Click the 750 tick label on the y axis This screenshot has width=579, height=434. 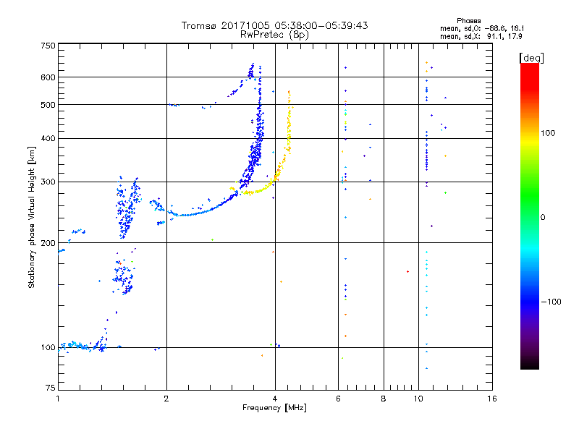pyautogui.click(x=47, y=46)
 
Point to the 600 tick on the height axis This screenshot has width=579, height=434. pyautogui.click(x=47, y=77)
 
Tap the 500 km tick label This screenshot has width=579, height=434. pyautogui.click(x=47, y=105)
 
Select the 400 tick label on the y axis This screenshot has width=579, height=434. pyautogui.click(x=47, y=139)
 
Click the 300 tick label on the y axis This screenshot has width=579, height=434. pyautogui.click(x=47, y=182)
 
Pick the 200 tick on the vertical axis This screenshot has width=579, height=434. pyautogui.click(x=47, y=243)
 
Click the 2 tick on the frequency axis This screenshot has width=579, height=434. pyautogui.click(x=166, y=399)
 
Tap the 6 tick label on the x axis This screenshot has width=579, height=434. pyautogui.click(x=339, y=399)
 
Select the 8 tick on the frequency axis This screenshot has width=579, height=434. pyautogui.click(x=384, y=399)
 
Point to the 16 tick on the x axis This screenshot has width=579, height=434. pyautogui.click(x=492, y=399)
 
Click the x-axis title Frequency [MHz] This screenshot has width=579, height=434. pyautogui.click(x=274, y=408)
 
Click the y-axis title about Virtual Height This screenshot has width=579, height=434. pyautogui.click(x=32, y=217)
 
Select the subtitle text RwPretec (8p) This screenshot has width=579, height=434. pyautogui.click(x=274, y=34)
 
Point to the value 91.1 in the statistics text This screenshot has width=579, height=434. pyautogui.click(x=496, y=35)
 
